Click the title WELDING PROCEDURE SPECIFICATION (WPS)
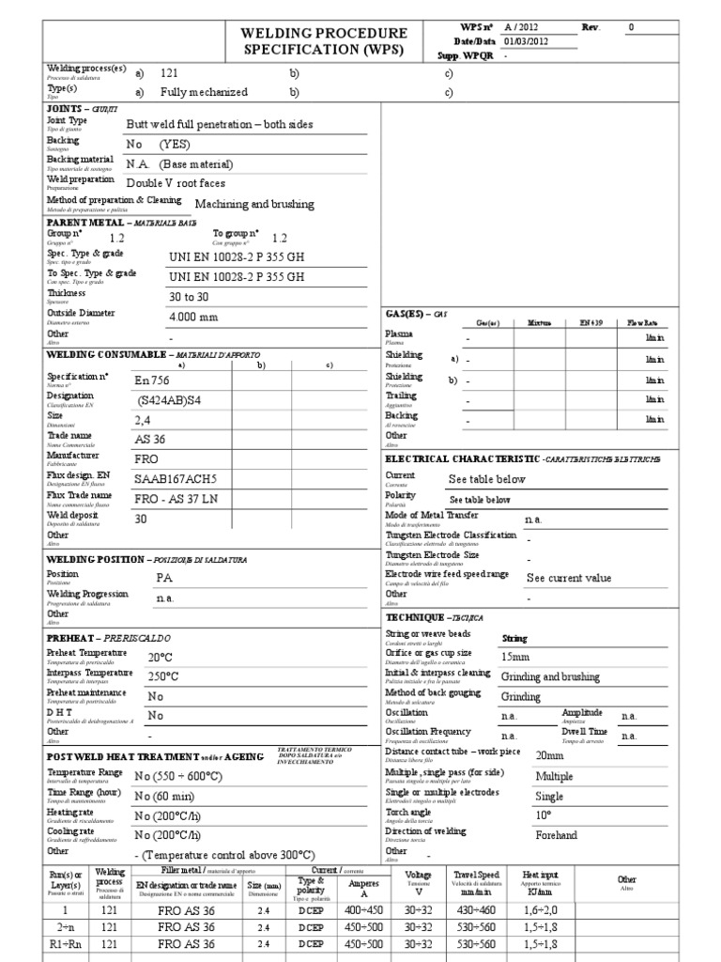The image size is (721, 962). tap(324, 41)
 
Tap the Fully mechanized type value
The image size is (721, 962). tap(205, 92)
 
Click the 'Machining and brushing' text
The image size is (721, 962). tap(254, 204)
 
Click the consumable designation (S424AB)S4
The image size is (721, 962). tap(169, 399)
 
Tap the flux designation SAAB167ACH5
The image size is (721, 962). tap(174, 478)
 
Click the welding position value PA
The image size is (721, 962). tap(164, 578)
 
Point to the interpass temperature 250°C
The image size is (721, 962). tap(163, 676)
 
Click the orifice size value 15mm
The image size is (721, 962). tap(516, 656)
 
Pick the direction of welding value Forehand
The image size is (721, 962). tap(556, 835)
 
